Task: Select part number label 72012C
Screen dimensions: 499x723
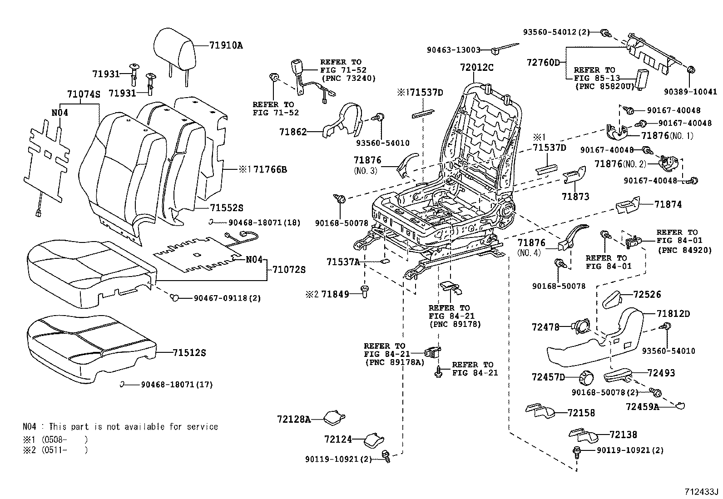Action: coord(476,67)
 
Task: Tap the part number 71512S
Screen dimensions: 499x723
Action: coord(189,353)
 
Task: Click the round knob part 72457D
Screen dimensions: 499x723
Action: coord(587,376)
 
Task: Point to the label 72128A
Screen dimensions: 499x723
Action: coord(293,419)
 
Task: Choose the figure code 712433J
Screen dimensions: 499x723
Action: coord(702,492)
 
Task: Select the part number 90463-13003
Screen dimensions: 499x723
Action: coord(454,50)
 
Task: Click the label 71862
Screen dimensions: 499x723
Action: coord(293,132)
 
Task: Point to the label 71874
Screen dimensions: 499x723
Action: coord(668,205)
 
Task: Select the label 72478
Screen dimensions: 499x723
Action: coord(545,326)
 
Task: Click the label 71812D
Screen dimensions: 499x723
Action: coord(673,314)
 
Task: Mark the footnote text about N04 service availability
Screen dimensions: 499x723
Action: coord(120,427)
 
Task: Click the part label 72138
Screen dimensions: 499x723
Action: coord(623,435)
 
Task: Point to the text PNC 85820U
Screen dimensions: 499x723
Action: coord(604,85)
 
